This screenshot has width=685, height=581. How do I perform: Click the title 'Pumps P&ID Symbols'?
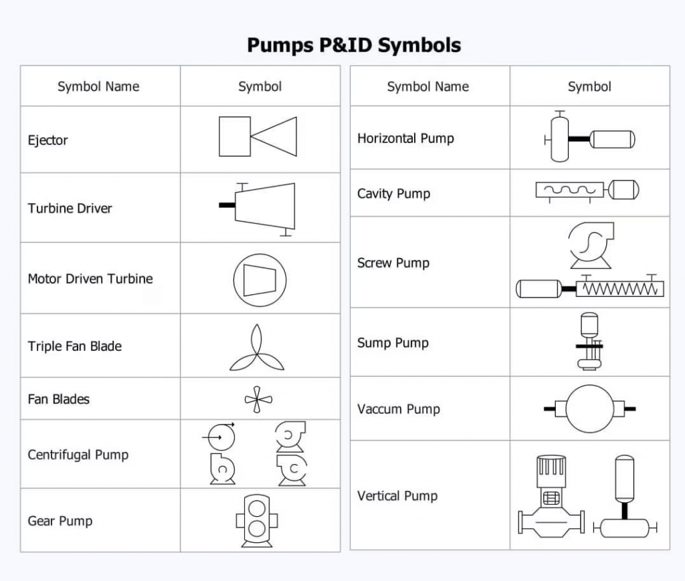click(x=353, y=45)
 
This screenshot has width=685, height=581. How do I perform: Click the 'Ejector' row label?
click(x=47, y=140)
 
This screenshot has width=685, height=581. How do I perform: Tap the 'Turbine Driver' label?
click(x=70, y=208)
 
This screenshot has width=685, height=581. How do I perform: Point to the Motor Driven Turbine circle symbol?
click(x=260, y=279)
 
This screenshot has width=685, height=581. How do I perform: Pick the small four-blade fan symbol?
click(x=258, y=400)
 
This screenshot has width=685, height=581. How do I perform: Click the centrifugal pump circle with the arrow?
click(x=221, y=437)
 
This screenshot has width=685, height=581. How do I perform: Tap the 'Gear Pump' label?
click(x=60, y=521)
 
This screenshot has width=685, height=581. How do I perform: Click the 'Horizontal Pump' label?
click(x=405, y=138)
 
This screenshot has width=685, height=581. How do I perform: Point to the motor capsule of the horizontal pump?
click(x=612, y=139)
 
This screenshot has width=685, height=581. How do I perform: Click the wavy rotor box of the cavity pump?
click(x=569, y=191)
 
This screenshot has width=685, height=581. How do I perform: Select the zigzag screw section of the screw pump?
click(x=619, y=289)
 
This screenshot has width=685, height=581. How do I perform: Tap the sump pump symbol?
click(x=589, y=342)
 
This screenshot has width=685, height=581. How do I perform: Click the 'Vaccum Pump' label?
click(x=398, y=409)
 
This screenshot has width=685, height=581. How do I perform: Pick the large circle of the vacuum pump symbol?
click(x=589, y=409)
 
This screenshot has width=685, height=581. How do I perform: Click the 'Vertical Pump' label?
click(x=397, y=496)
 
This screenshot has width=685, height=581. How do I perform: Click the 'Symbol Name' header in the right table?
click(x=427, y=87)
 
